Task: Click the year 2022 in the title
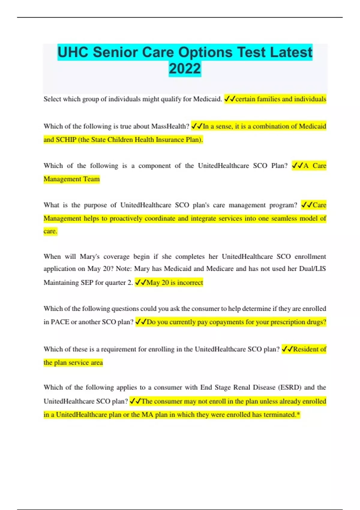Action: (184, 69)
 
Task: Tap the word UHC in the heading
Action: (73, 52)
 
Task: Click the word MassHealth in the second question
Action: (170, 126)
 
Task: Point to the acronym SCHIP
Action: (66, 140)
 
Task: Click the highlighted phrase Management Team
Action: (71, 179)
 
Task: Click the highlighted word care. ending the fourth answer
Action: (50, 231)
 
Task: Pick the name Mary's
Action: (89, 256)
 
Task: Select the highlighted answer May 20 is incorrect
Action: (174, 283)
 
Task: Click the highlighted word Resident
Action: (306, 349)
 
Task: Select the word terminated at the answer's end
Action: (279, 415)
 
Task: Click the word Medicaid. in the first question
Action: (207, 99)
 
